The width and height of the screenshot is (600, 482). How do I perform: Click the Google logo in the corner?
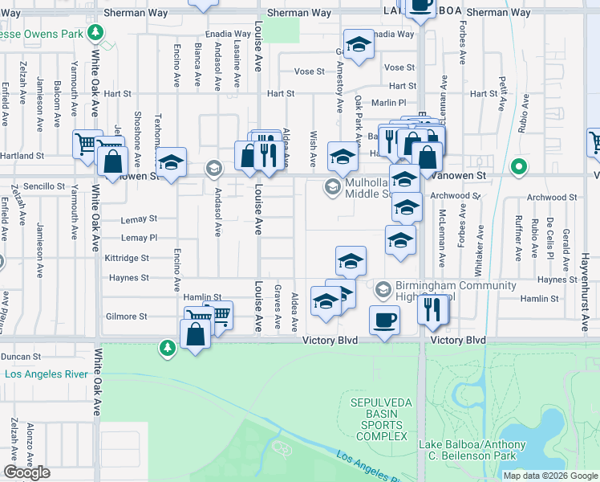tap(26, 472)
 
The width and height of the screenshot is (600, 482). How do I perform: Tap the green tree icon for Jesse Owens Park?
tap(95, 32)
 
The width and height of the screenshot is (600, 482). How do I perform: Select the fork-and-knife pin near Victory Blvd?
tap(433, 309)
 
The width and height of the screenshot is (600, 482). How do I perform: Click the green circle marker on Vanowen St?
tap(519, 168)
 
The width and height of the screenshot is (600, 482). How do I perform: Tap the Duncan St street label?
tap(21, 357)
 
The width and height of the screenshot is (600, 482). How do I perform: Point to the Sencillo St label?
tap(43, 186)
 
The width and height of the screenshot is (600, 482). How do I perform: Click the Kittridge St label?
tap(127, 258)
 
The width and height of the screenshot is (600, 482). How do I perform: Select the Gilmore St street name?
tap(127, 317)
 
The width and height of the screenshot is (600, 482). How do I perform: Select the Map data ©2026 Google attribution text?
tap(549, 475)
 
